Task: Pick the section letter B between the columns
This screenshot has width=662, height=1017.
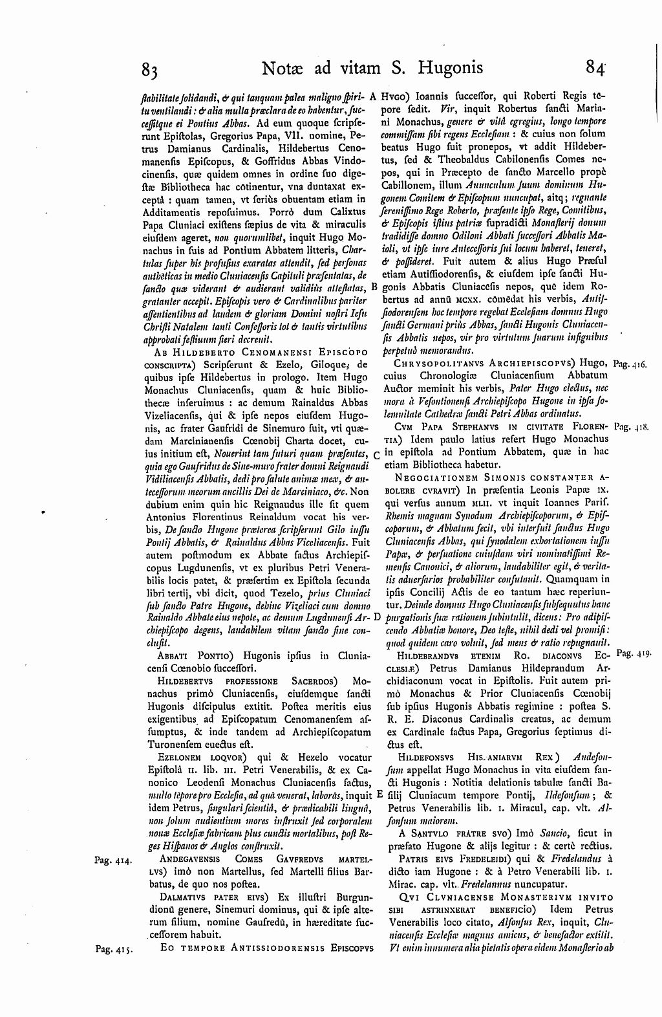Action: coord(374,287)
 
